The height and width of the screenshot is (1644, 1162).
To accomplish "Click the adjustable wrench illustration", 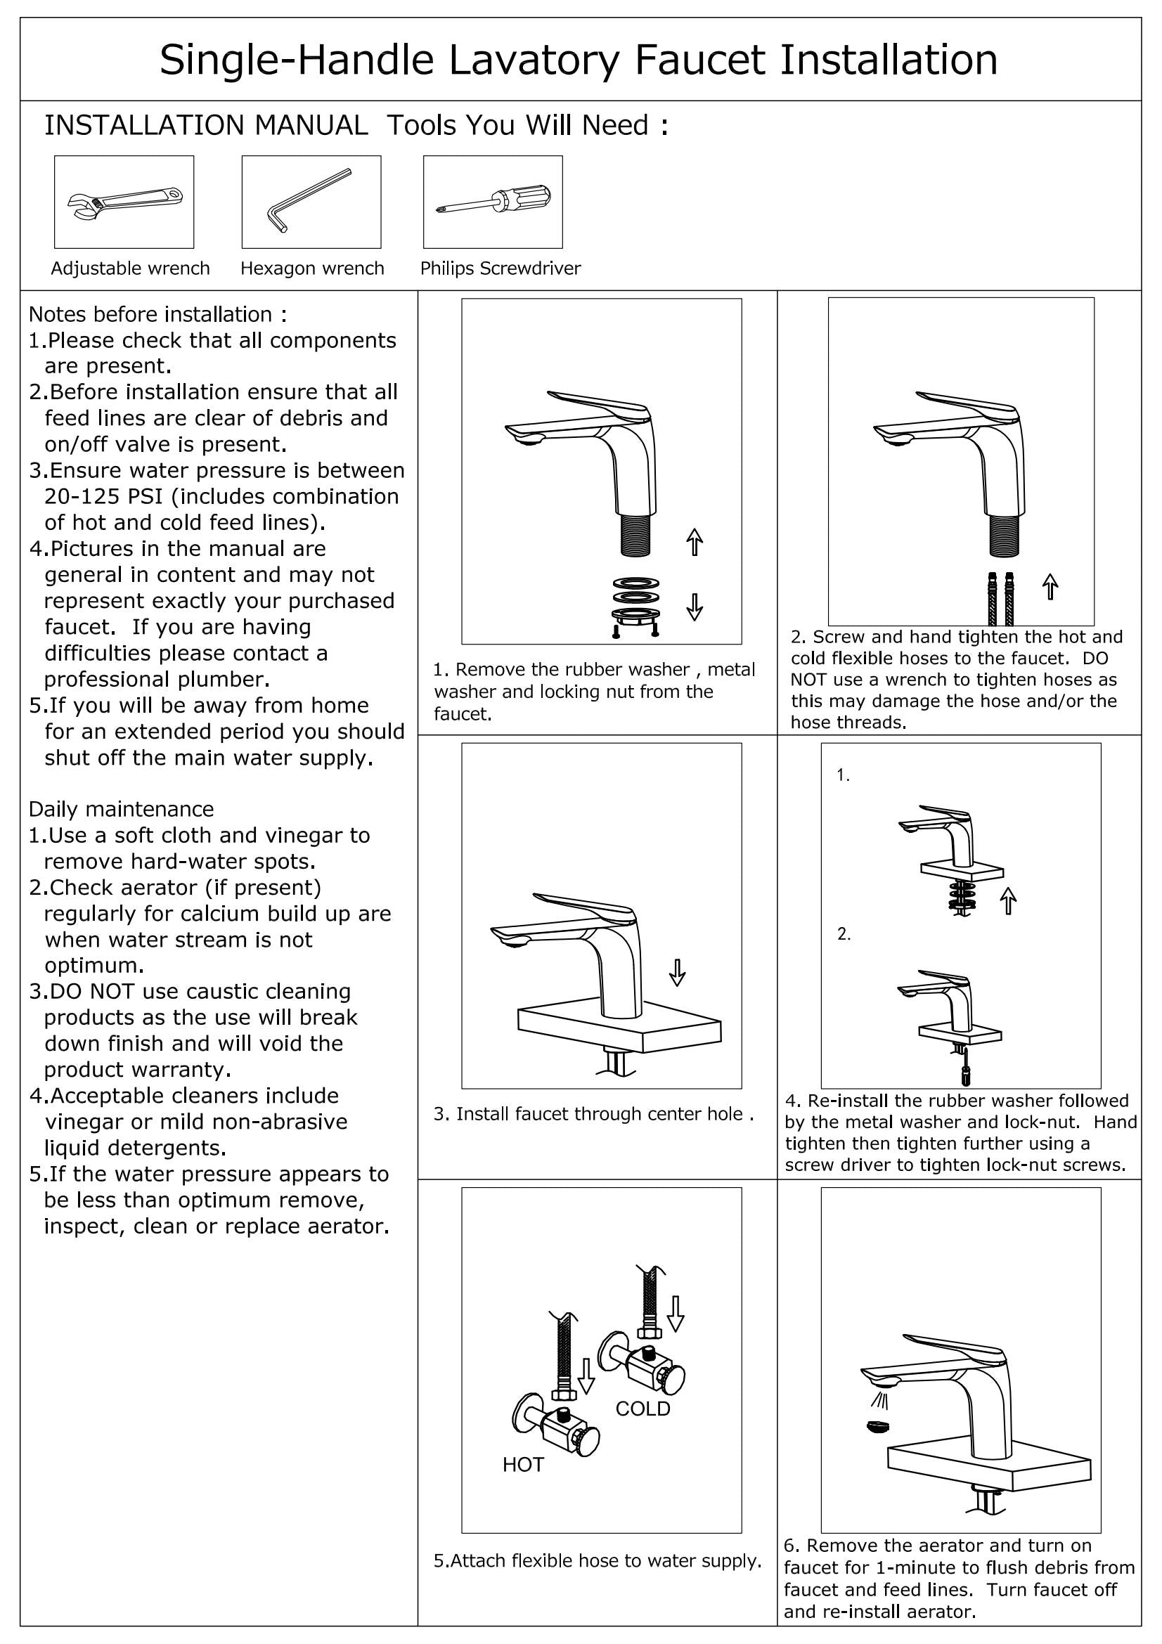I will tap(124, 202).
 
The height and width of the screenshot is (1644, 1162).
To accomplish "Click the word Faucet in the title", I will tap(700, 60).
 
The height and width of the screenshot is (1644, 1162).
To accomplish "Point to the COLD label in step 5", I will tap(643, 1409).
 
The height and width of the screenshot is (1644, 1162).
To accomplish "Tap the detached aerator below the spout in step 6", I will tap(879, 1425).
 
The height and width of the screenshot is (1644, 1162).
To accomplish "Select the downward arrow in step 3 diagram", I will tap(676, 971).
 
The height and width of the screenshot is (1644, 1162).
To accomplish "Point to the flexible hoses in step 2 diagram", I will tap(1000, 598).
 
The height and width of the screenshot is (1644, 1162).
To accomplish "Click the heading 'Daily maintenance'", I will tap(121, 809).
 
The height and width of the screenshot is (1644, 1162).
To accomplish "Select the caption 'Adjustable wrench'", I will tap(130, 268).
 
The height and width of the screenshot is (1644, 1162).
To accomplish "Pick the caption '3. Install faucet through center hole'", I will tap(593, 1113).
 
